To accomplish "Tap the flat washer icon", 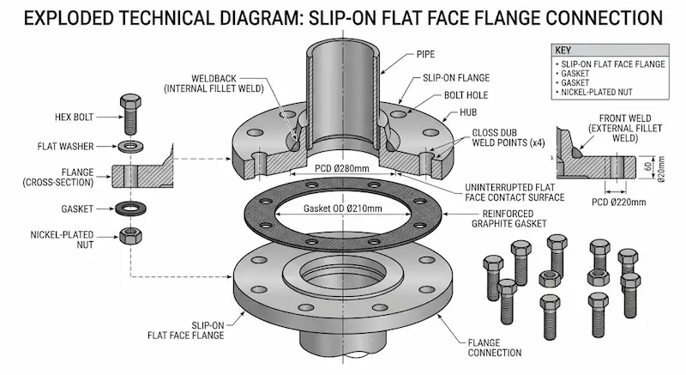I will coord(130,145).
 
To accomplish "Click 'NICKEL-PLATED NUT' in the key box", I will coord(597,91).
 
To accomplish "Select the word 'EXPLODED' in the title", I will coord(65,17).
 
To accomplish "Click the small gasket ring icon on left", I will coord(130,208).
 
